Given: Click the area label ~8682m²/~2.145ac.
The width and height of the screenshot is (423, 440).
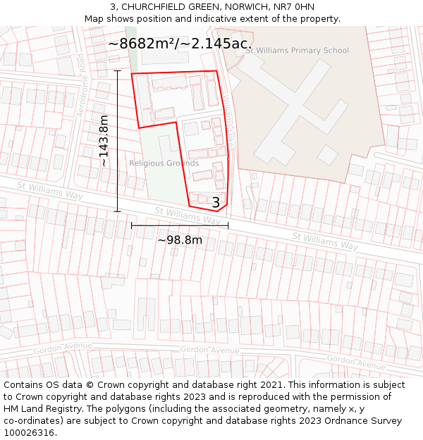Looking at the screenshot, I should point(180,44).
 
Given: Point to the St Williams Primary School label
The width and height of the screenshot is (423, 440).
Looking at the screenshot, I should point(297,51).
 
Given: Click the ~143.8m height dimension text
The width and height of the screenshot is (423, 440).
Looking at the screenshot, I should point(104,141).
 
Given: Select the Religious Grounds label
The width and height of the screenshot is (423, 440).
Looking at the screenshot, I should point(164,163).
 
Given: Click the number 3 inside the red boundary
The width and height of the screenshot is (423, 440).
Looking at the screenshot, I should point(216,203).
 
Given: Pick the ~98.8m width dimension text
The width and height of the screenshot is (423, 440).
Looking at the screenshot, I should point(179,240).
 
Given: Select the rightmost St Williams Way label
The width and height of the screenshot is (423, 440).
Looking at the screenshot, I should point(325,241).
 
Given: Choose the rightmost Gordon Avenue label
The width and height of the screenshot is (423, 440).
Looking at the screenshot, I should point(356,362).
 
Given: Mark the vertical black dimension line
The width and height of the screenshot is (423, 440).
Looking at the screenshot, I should point(118,141).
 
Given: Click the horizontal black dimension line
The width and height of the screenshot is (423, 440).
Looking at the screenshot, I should point(179,226).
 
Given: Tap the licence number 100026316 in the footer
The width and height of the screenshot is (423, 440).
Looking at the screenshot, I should point(30,432).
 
